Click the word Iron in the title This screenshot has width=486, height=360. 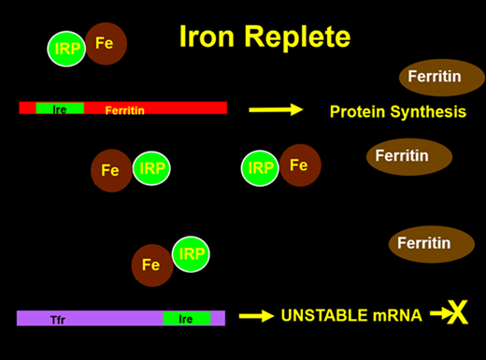tap(206, 37)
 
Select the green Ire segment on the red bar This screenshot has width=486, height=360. tap(60, 108)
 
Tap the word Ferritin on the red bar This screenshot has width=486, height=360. tap(125, 109)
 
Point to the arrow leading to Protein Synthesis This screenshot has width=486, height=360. tap(276, 110)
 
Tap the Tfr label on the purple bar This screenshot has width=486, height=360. tap(59, 319)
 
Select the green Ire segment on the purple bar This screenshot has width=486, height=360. tap(186, 319)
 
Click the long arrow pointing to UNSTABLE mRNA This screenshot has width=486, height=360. tap(256, 316)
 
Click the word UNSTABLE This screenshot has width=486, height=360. tap(325, 316)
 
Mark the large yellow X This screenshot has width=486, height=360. tap(458, 314)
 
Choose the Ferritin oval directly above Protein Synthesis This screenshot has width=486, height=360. tap(442, 77)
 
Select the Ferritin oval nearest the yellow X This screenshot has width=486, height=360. tap(423, 243)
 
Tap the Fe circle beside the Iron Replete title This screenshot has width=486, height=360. tap(106, 44)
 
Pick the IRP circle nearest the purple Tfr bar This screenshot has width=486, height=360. tap(191, 254)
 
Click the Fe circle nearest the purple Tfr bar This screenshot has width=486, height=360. tap(151, 265)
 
